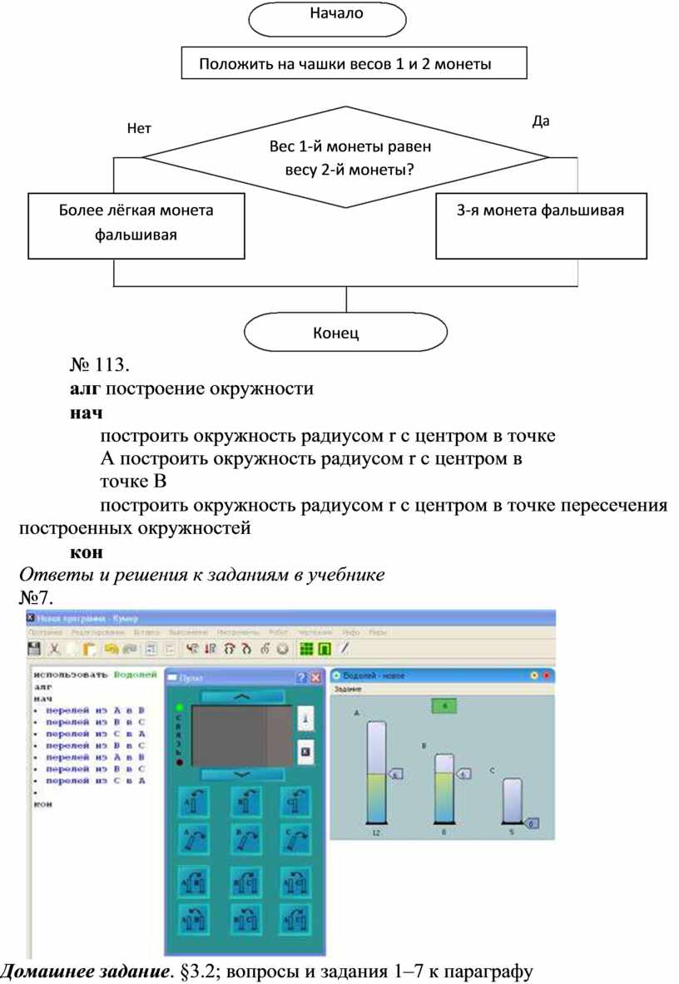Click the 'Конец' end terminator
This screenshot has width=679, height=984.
[x=336, y=334]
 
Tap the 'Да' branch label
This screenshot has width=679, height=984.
[x=541, y=121]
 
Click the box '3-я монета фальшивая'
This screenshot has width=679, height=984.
[x=541, y=226]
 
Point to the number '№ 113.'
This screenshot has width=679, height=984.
[x=97, y=364]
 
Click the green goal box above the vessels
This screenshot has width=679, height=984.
[x=445, y=705]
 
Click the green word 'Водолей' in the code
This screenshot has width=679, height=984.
[x=135, y=675]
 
